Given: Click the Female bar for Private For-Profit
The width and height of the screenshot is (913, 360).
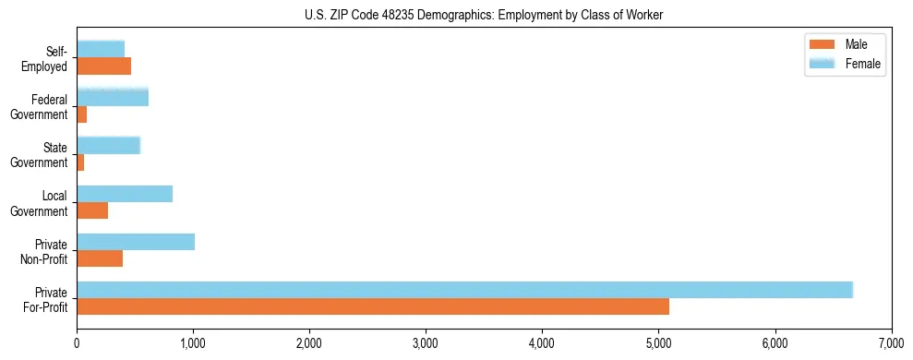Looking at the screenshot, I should (x=464, y=290).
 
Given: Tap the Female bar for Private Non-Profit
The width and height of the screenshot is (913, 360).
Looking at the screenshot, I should (x=136, y=242).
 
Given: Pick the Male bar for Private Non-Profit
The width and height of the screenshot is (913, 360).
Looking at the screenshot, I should (x=100, y=258).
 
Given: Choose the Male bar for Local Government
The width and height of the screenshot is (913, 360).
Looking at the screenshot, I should (x=92, y=210).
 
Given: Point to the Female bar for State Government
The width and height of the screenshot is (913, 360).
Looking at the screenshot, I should (x=108, y=145).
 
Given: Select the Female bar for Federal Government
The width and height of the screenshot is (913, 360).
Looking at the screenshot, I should (x=113, y=97).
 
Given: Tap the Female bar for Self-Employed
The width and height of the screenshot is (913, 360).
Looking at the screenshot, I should (x=101, y=49).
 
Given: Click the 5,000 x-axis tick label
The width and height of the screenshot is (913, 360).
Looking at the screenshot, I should (x=658, y=344).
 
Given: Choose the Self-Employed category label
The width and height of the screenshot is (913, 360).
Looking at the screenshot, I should (x=50, y=58).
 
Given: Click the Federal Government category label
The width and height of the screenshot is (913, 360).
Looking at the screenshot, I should (x=40, y=106).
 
